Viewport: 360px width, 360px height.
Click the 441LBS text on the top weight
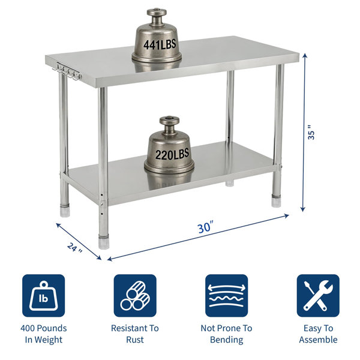[160, 44]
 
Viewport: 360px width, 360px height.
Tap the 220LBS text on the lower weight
[172, 154]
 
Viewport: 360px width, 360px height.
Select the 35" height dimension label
[311, 133]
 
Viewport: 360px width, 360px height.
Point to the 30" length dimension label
[205, 227]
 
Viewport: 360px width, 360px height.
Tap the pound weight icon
[43, 295]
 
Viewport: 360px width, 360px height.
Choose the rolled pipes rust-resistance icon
[135, 295]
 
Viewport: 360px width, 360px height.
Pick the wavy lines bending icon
[226, 295]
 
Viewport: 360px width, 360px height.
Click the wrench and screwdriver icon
[318, 295]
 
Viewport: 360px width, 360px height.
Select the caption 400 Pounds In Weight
[44, 334]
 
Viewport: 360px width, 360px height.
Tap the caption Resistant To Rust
[135, 334]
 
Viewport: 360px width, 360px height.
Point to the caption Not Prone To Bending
[226, 334]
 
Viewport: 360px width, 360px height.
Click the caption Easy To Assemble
[318, 334]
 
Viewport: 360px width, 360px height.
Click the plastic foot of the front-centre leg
[104, 242]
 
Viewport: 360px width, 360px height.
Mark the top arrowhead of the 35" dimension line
[305, 55]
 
